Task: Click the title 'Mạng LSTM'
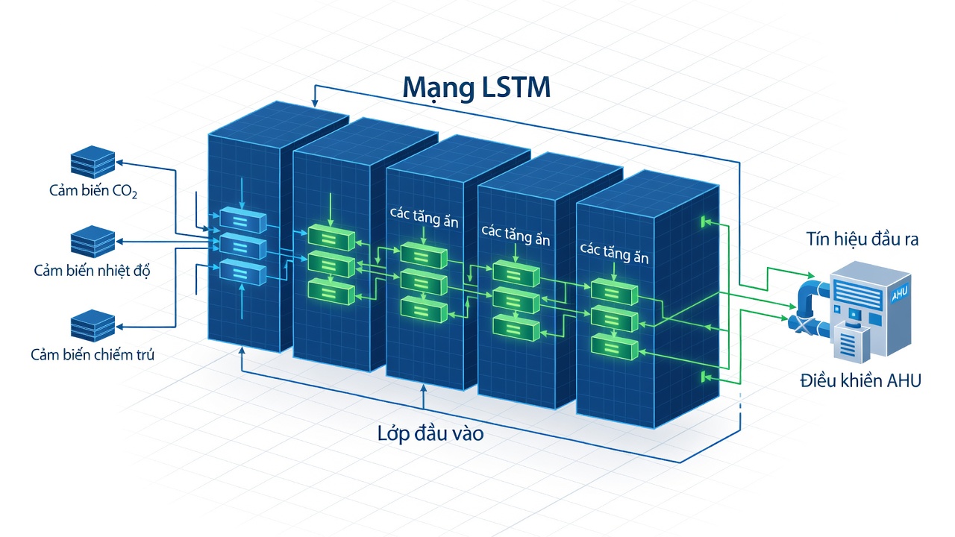point(476,88)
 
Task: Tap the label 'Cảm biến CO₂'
point(93,190)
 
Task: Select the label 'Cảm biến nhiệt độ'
point(92,271)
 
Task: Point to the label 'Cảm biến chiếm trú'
point(92,354)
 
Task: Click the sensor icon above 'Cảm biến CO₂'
point(93,162)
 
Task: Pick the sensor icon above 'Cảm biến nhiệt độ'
point(93,242)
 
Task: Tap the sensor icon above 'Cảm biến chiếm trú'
point(93,326)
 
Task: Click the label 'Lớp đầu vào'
point(430,433)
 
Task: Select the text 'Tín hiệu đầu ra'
point(862,239)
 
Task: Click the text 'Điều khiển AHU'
point(860,380)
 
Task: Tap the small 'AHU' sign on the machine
point(899,294)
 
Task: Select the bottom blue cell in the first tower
point(242,272)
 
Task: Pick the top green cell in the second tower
point(331,238)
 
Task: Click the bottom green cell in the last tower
point(614,347)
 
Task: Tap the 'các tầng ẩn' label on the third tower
point(424,217)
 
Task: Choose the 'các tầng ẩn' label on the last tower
point(614,253)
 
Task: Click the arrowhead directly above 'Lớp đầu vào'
point(423,389)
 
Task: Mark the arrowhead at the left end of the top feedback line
point(315,103)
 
